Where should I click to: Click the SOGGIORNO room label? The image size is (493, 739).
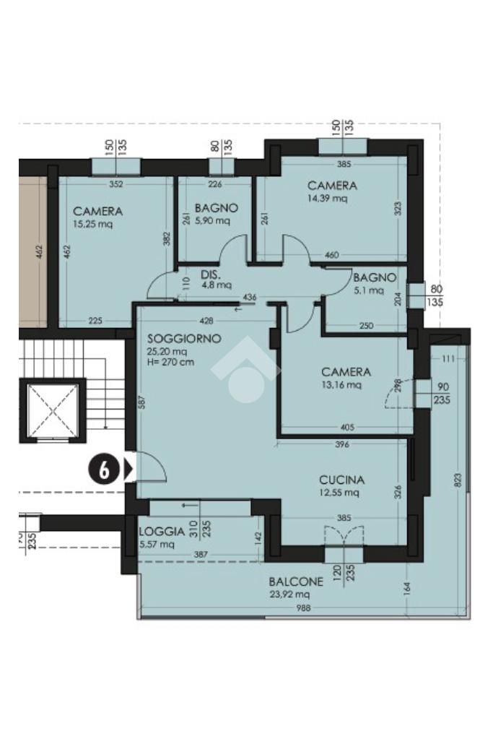click(184, 338)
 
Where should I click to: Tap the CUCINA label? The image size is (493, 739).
click(342, 480)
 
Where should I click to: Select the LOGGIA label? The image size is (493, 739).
click(162, 532)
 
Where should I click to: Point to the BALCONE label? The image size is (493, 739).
click(296, 582)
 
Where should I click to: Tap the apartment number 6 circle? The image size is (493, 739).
click(104, 470)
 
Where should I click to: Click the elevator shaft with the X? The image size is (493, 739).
click(52, 411)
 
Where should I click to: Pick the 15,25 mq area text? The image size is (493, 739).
click(93, 224)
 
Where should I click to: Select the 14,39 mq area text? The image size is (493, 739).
click(327, 198)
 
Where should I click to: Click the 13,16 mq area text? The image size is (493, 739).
click(341, 384)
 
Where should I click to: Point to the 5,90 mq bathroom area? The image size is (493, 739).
click(212, 220)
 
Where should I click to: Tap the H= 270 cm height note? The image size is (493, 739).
click(170, 362)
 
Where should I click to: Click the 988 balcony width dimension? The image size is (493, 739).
click(304, 608)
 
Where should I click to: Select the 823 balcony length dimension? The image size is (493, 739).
click(458, 480)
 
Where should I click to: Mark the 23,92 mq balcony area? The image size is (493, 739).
click(289, 595)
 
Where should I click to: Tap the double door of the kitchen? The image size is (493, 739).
click(344, 535)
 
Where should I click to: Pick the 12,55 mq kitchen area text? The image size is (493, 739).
click(339, 493)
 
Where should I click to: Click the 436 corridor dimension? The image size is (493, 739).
click(250, 298)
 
